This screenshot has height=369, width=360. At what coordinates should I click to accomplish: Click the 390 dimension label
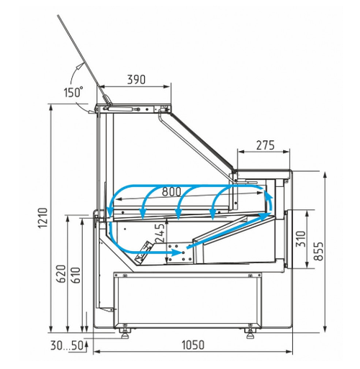136,79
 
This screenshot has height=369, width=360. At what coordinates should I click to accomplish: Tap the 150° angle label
73,92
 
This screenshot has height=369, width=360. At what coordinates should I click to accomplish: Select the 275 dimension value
265,145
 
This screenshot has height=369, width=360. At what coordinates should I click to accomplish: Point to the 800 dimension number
171,191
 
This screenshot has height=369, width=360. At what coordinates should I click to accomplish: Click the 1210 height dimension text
43,218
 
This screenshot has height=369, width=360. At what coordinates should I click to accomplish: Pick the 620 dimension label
60,274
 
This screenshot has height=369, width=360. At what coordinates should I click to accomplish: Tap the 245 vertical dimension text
160,232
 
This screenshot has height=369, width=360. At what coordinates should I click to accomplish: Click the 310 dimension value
300,239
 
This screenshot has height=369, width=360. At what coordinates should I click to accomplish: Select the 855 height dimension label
318,251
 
